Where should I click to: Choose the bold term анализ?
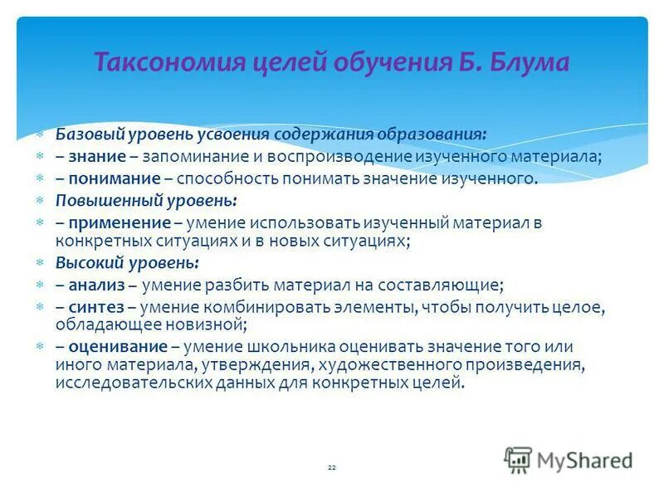[96, 285]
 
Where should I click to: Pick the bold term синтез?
[96, 307]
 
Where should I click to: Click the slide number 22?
[331, 468]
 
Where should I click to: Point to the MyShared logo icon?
[518, 459]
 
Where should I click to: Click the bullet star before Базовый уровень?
[39, 133]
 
